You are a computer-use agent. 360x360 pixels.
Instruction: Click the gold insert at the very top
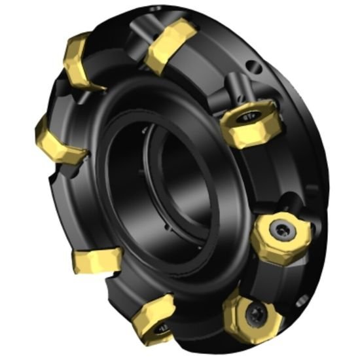pyautogui.click(x=171, y=45)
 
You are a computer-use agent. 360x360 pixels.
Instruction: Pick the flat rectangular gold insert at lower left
pyautogui.click(x=96, y=261)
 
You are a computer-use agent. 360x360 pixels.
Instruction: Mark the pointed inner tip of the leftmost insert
pyautogui.click(x=85, y=154)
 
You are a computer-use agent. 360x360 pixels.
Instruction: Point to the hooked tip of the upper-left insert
pyautogui.click(x=103, y=87)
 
